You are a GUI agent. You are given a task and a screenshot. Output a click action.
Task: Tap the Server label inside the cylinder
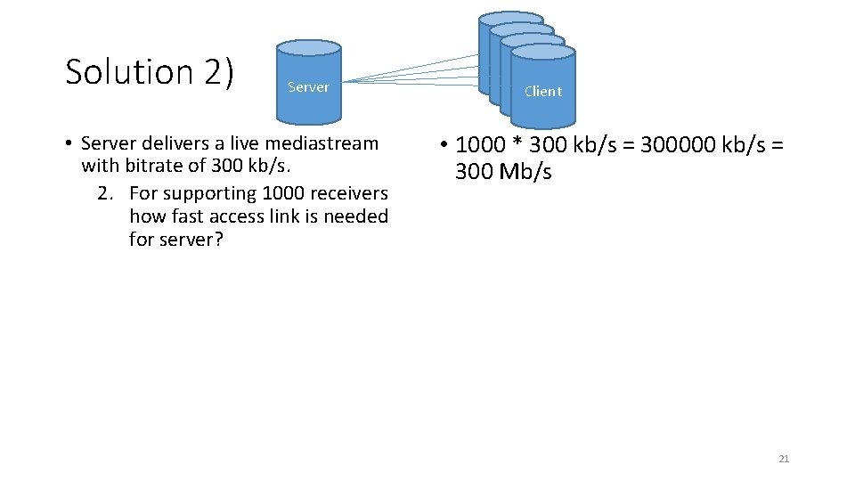click(308, 87)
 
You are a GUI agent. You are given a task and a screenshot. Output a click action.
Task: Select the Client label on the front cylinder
click(542, 91)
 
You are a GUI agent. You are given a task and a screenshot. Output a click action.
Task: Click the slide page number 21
click(784, 459)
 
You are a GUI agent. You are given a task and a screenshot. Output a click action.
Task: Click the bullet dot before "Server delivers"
click(68, 144)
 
